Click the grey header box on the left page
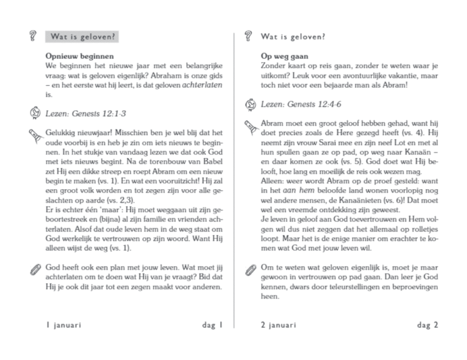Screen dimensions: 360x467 coord(81,37)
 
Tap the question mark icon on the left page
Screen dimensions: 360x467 coord(33,37)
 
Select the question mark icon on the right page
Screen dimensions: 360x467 coord(247,36)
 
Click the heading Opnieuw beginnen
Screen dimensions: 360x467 coord(72,56)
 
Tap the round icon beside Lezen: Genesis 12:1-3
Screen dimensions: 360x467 coord(34,114)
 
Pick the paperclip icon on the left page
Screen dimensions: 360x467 coord(34,268)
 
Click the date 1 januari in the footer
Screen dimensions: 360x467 coord(63,325)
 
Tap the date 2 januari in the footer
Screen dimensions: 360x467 coord(278,325)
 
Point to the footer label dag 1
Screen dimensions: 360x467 coord(213,325)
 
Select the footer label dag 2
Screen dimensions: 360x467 coord(427,325)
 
